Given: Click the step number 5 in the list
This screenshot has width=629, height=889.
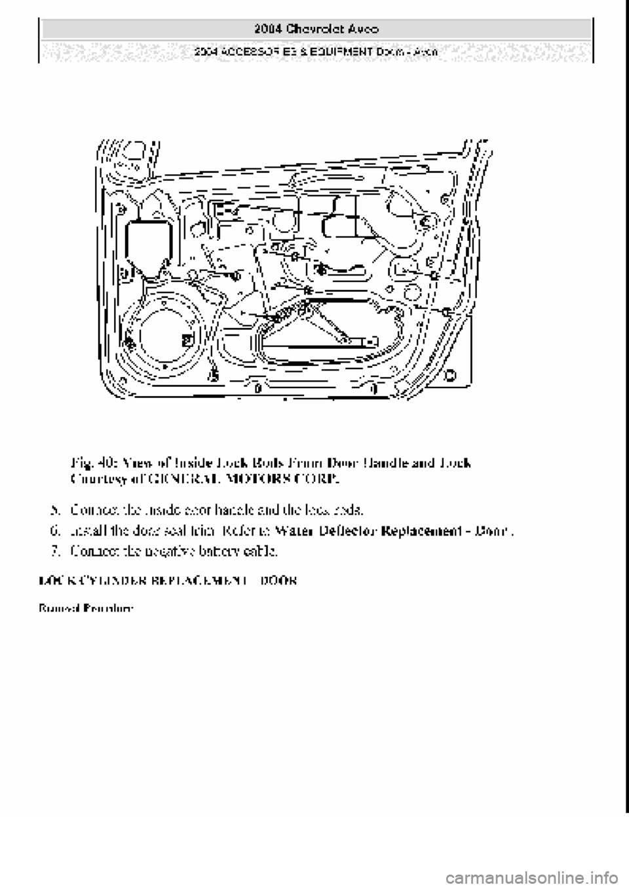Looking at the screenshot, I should (x=56, y=508).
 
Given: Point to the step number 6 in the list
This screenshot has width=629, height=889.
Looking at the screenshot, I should (x=56, y=530).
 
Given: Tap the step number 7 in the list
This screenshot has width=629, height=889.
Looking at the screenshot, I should (x=56, y=551).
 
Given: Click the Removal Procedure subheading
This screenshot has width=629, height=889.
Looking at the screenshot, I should (x=85, y=608).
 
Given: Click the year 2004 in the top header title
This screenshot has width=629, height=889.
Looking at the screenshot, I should (x=266, y=29).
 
